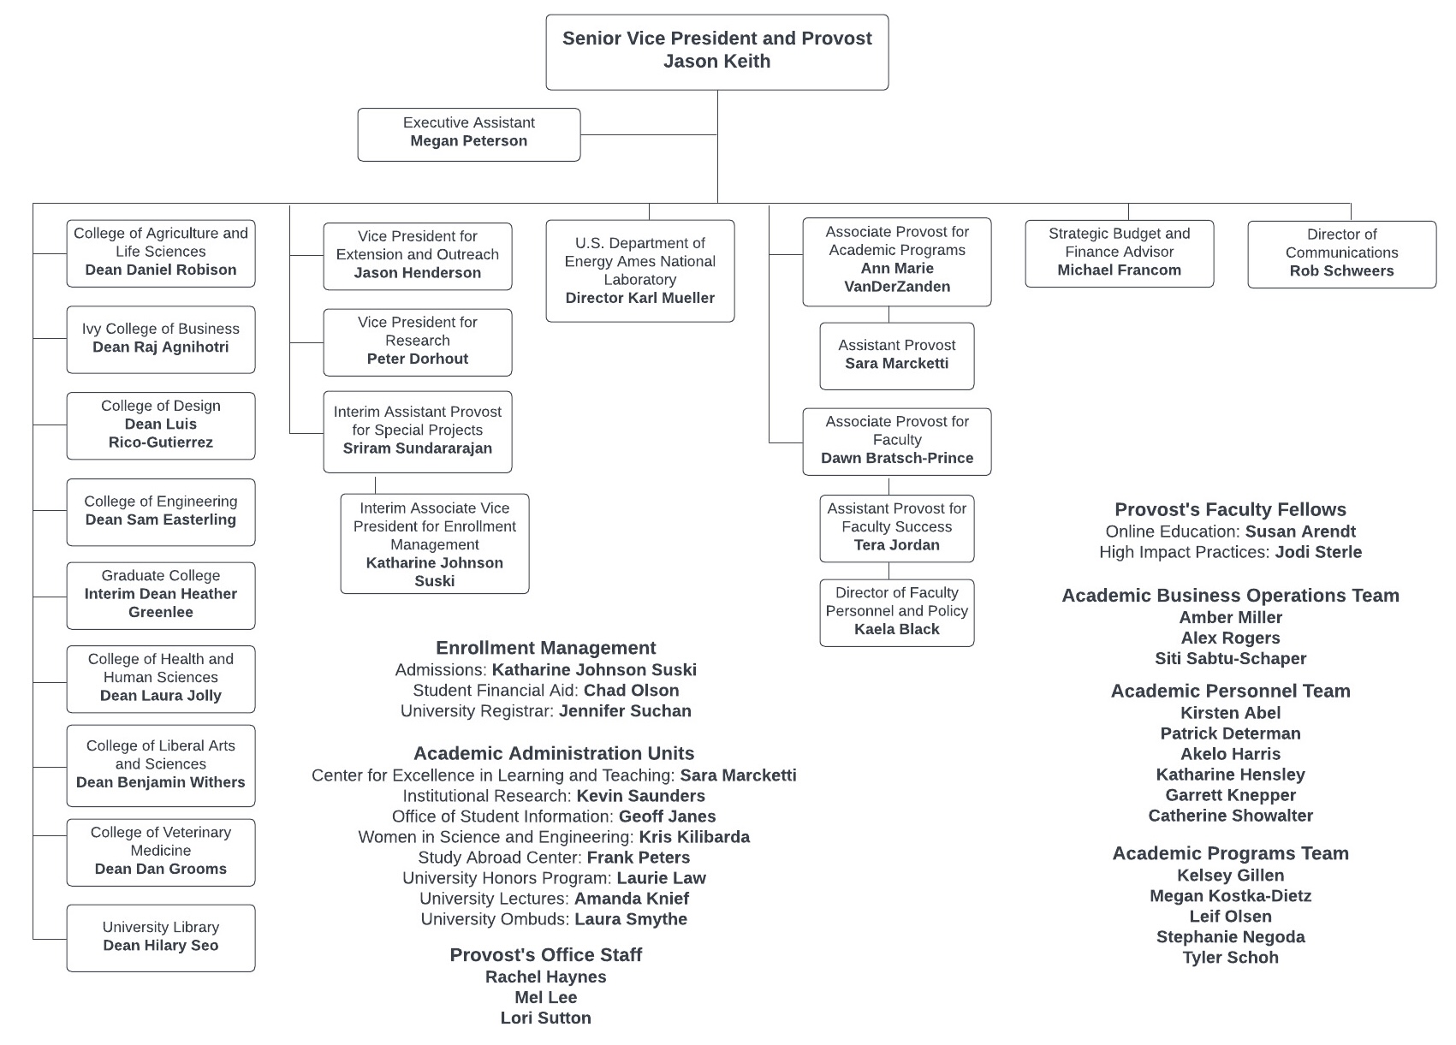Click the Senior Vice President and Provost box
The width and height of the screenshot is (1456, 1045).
tap(716, 51)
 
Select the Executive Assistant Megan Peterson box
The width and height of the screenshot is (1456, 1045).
tap(468, 134)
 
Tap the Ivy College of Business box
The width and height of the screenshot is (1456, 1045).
tap(161, 339)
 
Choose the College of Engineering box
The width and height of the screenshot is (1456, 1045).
tap(161, 512)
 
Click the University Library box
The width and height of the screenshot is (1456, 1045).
tap(161, 937)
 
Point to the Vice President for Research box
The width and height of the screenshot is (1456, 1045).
tap(418, 341)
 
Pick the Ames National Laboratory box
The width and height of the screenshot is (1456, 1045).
tap(640, 270)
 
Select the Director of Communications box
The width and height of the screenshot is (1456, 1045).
tap(1341, 253)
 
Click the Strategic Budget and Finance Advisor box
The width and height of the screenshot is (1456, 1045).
tap(1119, 252)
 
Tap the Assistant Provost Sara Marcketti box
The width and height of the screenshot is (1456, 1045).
tap(896, 355)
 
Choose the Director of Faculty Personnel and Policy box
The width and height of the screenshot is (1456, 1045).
tap(896, 612)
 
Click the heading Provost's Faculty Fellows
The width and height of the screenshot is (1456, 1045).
tap(1230, 510)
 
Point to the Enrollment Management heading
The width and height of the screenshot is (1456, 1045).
tap(545, 649)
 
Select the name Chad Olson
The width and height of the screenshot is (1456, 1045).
tap(631, 691)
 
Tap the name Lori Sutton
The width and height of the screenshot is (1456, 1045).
tap(545, 1018)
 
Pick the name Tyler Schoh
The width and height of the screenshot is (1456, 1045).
tap(1230, 958)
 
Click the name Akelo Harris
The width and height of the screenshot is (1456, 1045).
tap(1230, 754)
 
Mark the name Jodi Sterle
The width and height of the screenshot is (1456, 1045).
tap(1318, 553)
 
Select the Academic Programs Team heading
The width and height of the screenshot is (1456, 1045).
tap(1230, 853)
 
